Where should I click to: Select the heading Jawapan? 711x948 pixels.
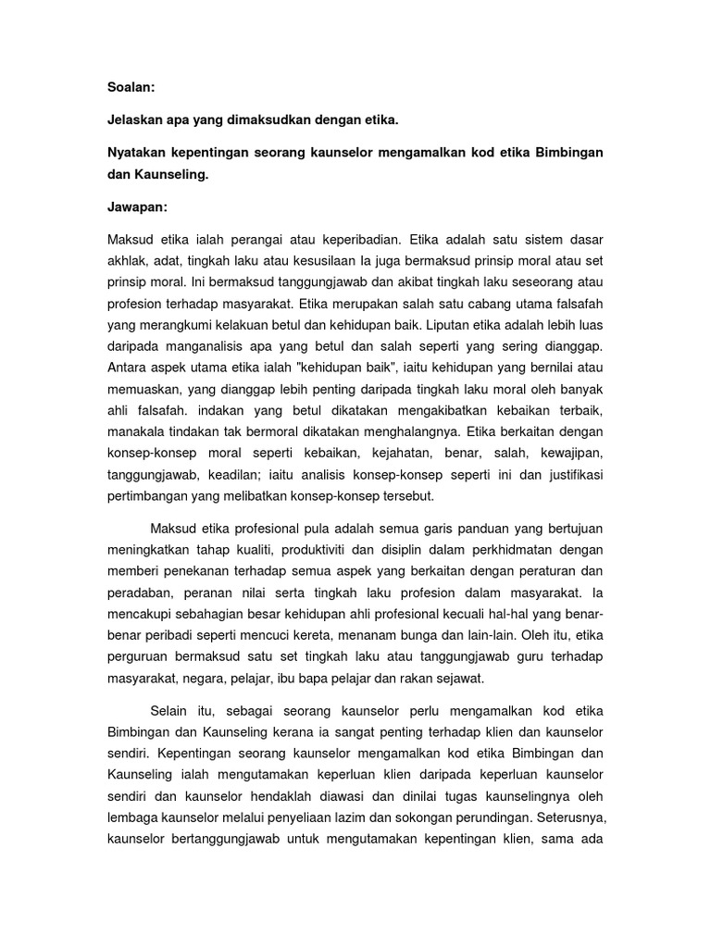pyautogui.click(x=137, y=207)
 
